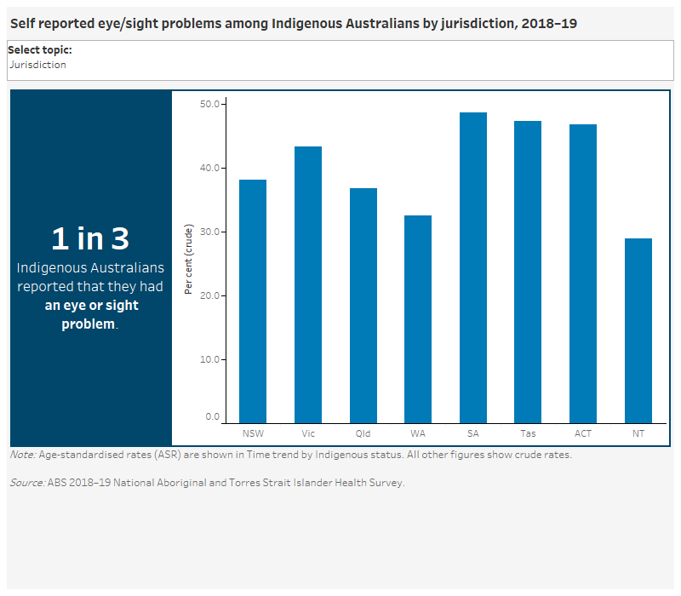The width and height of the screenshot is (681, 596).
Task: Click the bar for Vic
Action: pyautogui.click(x=308, y=285)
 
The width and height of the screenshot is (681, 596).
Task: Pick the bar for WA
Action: pyautogui.click(x=418, y=319)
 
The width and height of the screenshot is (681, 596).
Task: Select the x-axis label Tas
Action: pyautogui.click(x=528, y=433)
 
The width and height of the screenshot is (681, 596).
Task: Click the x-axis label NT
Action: pyautogui.click(x=638, y=433)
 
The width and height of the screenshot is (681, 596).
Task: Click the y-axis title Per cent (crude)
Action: pyautogui.click(x=189, y=260)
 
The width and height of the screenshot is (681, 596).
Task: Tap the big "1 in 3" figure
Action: pyautogui.click(x=90, y=238)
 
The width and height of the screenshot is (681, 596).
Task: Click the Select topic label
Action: pyautogui.click(x=40, y=50)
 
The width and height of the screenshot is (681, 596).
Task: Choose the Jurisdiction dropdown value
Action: pyautogui.click(x=37, y=65)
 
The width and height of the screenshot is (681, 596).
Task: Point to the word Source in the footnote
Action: pyautogui.click(x=26, y=483)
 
